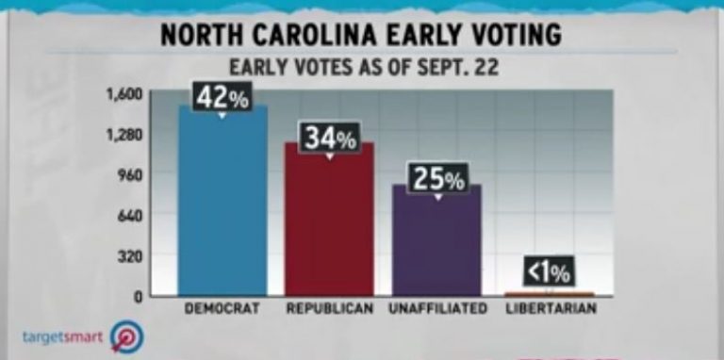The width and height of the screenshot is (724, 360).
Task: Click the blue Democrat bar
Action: (222, 203)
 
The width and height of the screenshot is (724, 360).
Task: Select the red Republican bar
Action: (330, 221)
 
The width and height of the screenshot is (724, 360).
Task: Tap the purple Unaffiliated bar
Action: (436, 242)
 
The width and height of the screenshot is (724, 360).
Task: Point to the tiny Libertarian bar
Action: (549, 294)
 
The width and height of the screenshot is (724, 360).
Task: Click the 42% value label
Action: (222, 97)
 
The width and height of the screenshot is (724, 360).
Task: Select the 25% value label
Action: (436, 178)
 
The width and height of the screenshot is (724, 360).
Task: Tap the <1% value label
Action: (549, 272)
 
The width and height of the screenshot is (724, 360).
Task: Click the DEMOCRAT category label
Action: (222, 308)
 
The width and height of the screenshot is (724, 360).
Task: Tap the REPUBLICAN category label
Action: (329, 308)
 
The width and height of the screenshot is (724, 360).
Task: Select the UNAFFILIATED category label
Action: (437, 308)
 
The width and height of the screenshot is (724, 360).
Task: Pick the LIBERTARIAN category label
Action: (551, 308)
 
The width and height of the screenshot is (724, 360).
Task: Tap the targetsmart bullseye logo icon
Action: (124, 336)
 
